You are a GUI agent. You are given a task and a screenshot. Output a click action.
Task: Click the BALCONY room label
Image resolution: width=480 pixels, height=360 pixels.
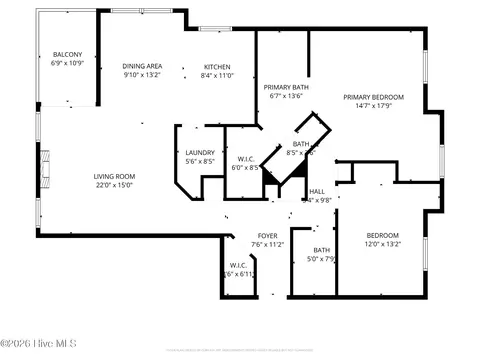click(67, 55)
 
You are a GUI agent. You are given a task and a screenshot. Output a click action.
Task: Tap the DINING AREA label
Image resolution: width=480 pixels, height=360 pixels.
click(142, 65)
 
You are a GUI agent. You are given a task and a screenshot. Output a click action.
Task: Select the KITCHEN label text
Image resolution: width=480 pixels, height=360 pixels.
click(217, 65)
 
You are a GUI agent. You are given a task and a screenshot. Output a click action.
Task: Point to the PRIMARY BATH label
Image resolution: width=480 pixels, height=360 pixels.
click(285, 87)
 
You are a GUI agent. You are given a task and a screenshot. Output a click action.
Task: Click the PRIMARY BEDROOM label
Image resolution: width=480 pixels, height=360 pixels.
click(373, 97)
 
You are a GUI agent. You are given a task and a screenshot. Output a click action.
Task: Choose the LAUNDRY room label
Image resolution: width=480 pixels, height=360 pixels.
click(200, 152)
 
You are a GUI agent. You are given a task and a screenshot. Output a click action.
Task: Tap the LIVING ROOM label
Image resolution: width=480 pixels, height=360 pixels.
click(115, 176)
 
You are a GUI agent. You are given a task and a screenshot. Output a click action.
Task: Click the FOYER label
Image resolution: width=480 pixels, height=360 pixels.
click(267, 235)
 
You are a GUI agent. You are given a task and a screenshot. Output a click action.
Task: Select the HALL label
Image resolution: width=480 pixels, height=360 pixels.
click(317, 191)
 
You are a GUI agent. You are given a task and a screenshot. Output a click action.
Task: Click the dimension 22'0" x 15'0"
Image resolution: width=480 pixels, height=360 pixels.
click(115, 185)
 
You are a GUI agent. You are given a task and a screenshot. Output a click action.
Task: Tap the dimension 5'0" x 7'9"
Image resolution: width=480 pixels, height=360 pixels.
click(322, 259)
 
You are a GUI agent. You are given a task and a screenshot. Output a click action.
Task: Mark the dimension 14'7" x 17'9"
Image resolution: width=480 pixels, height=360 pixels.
click(373, 106)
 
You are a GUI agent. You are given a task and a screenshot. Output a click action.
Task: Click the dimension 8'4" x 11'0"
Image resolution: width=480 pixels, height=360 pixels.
click(217, 74)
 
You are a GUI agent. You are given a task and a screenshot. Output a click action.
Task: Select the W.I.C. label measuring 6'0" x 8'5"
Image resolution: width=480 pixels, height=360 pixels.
click(246, 159)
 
